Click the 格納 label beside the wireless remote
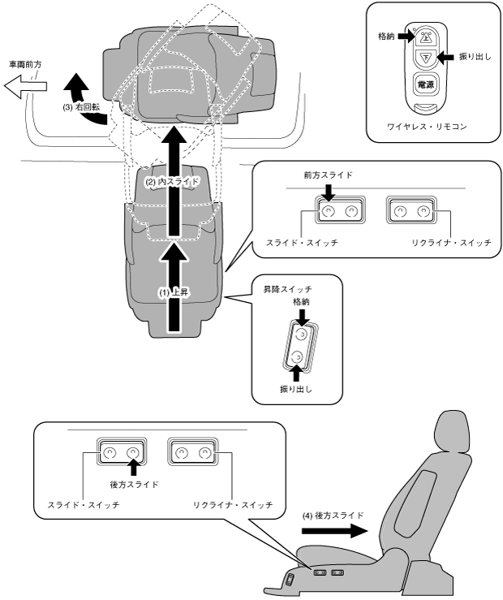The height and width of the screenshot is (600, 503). (x=387, y=36)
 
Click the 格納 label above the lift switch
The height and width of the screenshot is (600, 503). (x=301, y=300)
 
